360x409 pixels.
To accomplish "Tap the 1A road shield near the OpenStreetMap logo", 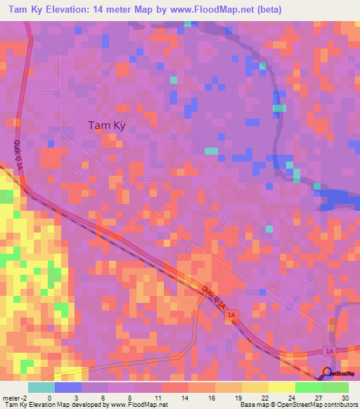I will pos(329,350).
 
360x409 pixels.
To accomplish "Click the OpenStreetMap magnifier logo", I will pos(326,373).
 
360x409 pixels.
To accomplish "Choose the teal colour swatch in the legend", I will pos(41,387).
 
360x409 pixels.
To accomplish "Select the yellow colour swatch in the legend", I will pos(281,387).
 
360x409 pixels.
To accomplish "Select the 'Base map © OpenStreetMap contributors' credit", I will pos(296,405).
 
